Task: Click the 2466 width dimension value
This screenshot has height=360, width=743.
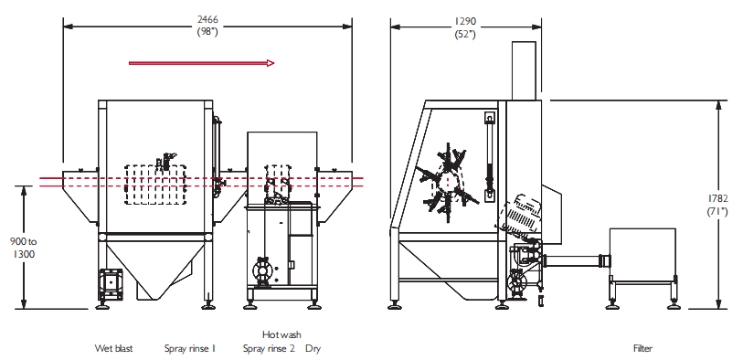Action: coord(207,20)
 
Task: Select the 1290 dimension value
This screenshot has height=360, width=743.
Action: coord(465,21)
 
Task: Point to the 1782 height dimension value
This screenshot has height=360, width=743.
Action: coord(718,198)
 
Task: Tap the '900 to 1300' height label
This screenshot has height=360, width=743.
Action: coord(23,248)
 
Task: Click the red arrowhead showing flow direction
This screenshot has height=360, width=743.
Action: coord(271,63)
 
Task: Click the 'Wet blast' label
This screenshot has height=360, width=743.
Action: coord(113,349)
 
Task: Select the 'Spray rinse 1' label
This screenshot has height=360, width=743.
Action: coord(190,349)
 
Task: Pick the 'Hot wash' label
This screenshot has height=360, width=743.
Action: coord(281,335)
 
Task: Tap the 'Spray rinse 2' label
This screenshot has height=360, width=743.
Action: coord(269,349)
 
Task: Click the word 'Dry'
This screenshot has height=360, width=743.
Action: coord(313,349)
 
